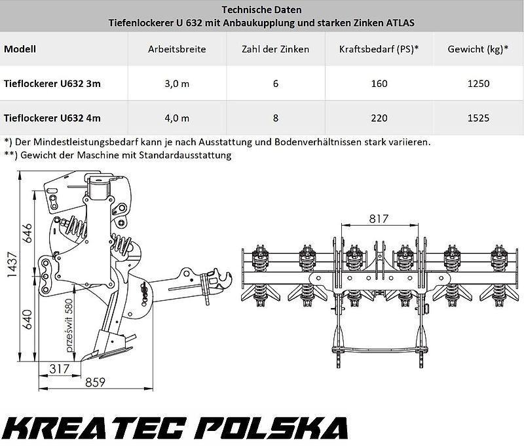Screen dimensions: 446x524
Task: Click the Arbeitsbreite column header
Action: (177, 49)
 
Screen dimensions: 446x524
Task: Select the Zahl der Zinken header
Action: (275, 49)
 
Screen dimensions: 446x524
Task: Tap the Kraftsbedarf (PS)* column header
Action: (379, 49)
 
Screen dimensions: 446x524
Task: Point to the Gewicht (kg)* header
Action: (476, 49)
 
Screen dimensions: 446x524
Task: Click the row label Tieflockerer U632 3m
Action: (52, 84)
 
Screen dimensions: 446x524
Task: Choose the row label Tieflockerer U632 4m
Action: (52, 118)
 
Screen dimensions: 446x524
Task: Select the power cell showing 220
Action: (379, 118)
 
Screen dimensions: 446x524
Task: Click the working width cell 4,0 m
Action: (177, 118)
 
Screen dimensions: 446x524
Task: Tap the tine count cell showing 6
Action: (275, 84)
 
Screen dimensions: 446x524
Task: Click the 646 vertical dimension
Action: (26, 232)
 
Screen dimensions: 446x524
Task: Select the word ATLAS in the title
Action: (400, 23)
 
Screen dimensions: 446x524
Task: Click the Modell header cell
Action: (20, 49)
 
